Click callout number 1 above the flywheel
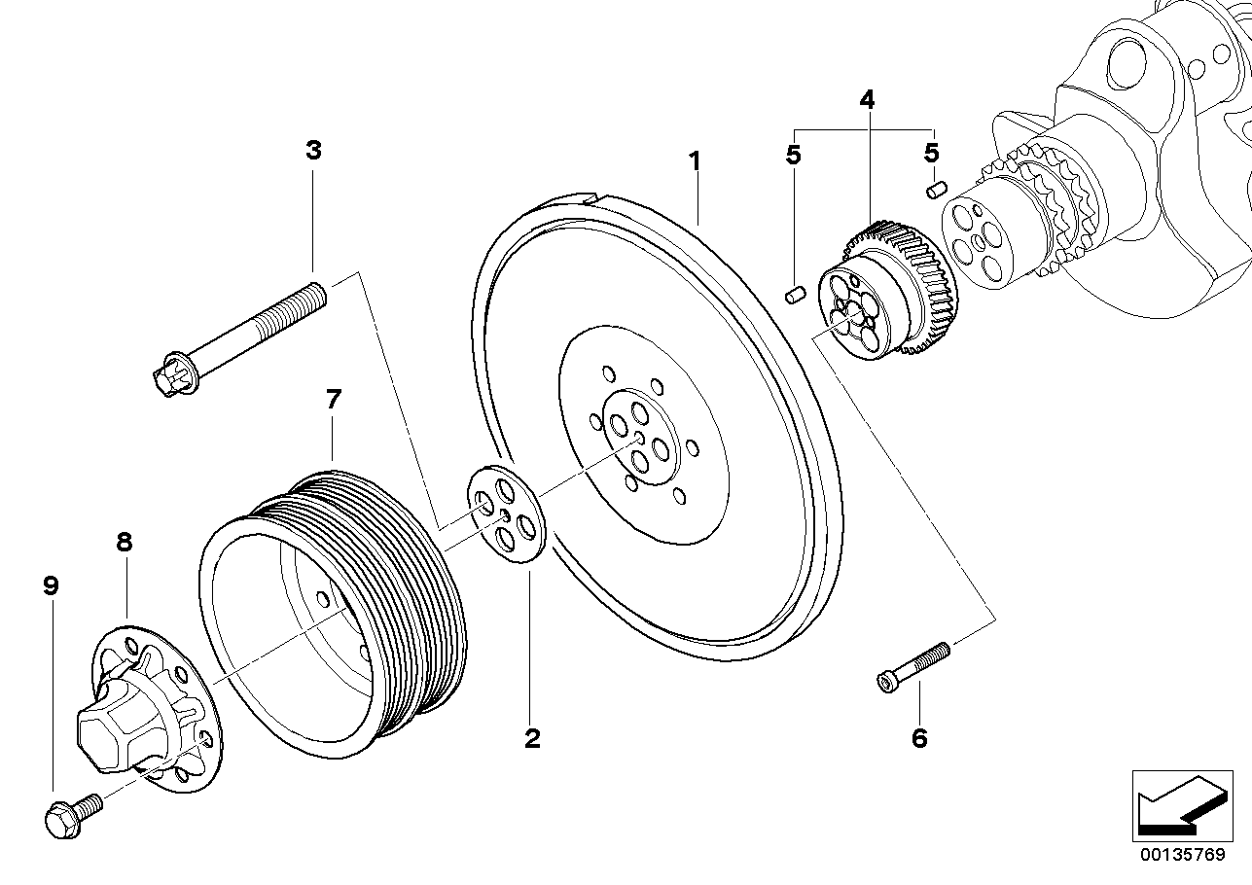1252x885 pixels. (x=695, y=160)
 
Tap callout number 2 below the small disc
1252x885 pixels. (x=531, y=738)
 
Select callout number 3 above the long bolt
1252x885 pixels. (x=312, y=151)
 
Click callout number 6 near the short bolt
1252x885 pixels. (x=919, y=738)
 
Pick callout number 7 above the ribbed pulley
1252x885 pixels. (x=333, y=399)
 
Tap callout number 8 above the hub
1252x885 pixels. (x=125, y=543)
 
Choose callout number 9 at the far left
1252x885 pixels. (x=51, y=585)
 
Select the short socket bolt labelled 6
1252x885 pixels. (x=913, y=666)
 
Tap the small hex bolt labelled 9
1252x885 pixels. (x=70, y=814)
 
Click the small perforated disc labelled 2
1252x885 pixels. (x=508, y=513)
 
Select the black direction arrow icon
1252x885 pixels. (x=1178, y=804)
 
